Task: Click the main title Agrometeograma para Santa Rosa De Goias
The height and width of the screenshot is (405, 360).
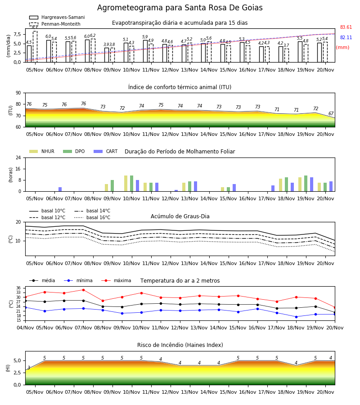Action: pyautogui.click(x=180, y=8)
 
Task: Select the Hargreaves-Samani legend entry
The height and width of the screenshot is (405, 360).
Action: pyautogui.click(x=57, y=17)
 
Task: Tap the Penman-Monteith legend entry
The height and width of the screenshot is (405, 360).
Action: pyautogui.click(x=55, y=24)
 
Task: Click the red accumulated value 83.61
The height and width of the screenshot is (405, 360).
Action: pyautogui.click(x=346, y=27)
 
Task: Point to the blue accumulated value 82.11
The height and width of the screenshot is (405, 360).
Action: pyautogui.click(x=346, y=37)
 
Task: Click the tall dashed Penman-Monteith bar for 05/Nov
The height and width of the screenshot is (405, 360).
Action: pyautogui.click(x=35, y=46)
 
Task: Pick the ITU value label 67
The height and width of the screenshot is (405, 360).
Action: pyautogui.click(x=331, y=114)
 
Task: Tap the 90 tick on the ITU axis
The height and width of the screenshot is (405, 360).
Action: pyautogui.click(x=18, y=93)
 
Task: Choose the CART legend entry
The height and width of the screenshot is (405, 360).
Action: pyautogui.click(x=105, y=151)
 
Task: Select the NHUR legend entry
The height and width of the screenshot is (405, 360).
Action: pyautogui.click(x=41, y=151)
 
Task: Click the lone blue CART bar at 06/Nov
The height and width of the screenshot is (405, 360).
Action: pyautogui.click(x=60, y=189)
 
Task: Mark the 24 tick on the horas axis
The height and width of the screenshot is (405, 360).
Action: pyautogui.click(x=18, y=157)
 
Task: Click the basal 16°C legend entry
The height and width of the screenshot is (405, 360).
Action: pyautogui.click(x=92, y=217)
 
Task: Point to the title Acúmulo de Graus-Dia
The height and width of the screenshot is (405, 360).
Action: pyautogui.click(x=180, y=216)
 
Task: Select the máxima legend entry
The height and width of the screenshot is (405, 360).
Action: pyautogui.click(x=116, y=280)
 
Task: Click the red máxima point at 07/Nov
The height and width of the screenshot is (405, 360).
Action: pyautogui.click(x=83, y=290)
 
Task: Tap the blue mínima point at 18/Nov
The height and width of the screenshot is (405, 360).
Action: pyautogui.click(x=296, y=317)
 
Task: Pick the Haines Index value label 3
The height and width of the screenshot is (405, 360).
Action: pyautogui.click(x=29, y=368)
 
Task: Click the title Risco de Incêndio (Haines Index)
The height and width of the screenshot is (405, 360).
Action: pyautogui.click(x=180, y=345)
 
